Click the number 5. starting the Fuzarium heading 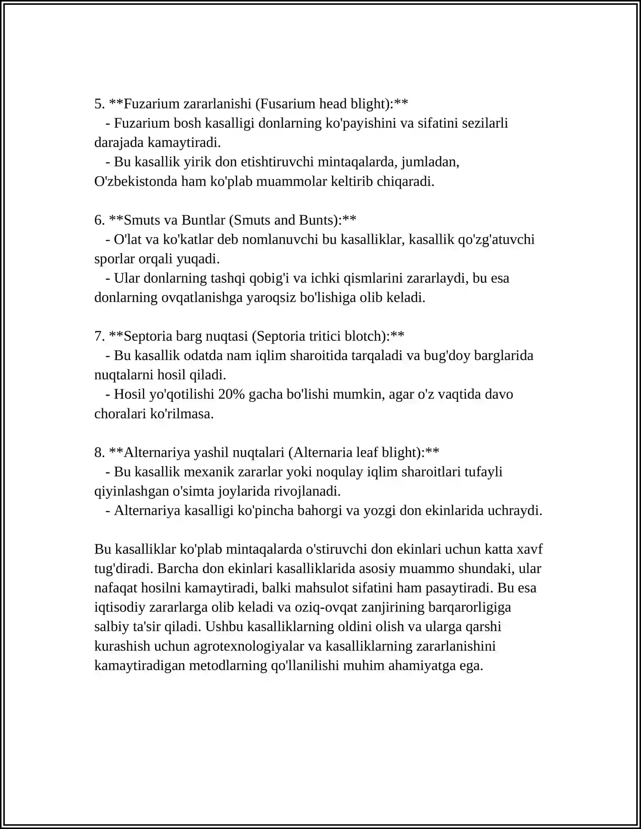[99, 104]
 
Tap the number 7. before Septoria [99, 336]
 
